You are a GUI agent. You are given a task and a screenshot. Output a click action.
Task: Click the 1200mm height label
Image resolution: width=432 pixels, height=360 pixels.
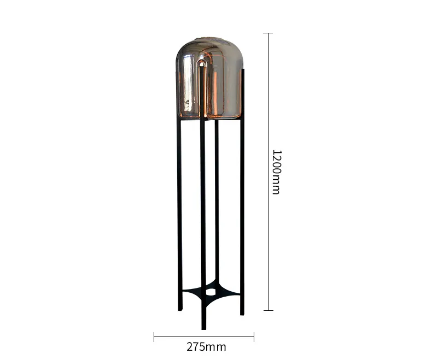point(276,172)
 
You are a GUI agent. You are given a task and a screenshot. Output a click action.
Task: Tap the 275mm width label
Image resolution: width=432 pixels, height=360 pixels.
point(206,347)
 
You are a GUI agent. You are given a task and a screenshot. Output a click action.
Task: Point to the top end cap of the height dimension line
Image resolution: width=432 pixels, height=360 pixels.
point(268,33)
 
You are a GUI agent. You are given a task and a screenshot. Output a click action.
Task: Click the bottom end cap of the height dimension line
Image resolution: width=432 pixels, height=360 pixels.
point(268,310)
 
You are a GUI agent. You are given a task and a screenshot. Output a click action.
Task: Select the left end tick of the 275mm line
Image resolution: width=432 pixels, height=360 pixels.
point(154,337)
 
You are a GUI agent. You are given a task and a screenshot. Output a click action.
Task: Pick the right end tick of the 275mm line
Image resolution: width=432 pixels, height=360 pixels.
point(254,337)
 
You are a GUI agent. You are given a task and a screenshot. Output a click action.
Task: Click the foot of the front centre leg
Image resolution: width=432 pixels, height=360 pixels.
point(204,327)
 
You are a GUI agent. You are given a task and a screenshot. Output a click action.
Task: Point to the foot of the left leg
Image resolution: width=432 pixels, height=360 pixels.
point(180,309)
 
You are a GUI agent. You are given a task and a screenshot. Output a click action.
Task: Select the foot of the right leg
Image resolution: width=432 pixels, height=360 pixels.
point(242,314)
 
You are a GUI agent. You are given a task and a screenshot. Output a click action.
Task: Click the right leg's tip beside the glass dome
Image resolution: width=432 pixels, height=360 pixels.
point(243,71)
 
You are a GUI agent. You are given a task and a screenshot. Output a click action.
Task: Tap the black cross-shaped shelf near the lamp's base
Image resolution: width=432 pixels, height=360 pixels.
point(224,292)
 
